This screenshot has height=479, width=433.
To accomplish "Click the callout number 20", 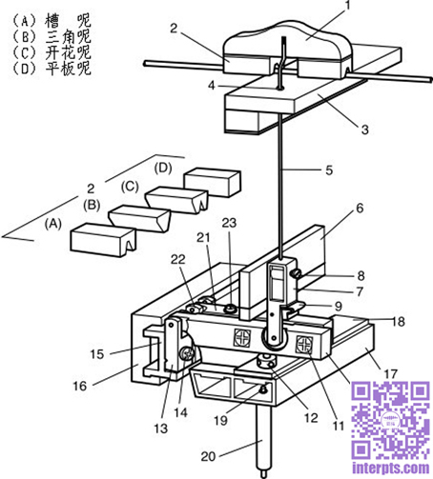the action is click(208, 456).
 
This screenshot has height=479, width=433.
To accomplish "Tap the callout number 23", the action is click(229, 223).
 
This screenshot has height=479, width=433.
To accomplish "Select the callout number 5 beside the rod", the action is click(329, 170).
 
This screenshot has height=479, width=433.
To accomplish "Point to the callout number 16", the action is click(80, 386).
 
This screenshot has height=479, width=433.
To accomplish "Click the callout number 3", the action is click(365, 130).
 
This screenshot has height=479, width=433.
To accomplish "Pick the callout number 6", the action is click(360, 209).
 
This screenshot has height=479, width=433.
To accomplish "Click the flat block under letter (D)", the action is click(213, 182).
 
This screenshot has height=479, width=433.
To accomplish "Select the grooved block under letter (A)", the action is click(103, 239).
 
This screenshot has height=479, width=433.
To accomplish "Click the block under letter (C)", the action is click(176, 200).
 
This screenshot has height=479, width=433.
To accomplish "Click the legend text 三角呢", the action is click(68, 37).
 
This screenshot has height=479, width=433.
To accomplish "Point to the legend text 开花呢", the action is click(68, 52).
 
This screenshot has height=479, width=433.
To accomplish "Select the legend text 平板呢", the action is click(68, 69).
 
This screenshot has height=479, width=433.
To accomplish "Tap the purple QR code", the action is click(390, 420).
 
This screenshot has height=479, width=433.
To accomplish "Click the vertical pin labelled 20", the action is click(263, 441).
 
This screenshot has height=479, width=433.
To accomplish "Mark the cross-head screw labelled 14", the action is click(187, 353).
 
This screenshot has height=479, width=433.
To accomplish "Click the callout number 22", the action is click(177, 259).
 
